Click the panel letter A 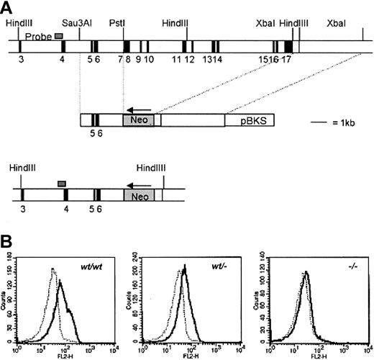pyautogui.click(x=6, y=6)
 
